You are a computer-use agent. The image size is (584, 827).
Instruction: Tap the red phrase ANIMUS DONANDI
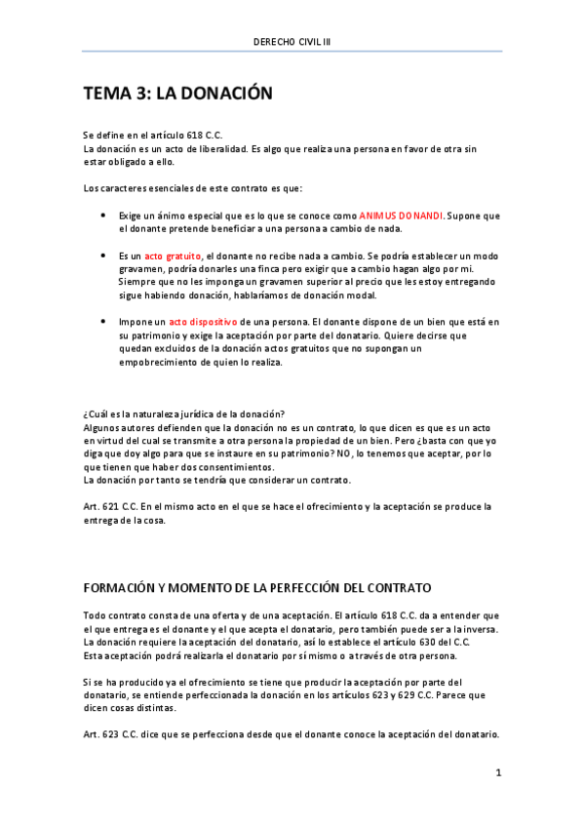pyautogui.click(x=401, y=215)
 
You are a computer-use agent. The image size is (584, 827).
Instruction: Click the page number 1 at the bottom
pyautogui.click(x=498, y=773)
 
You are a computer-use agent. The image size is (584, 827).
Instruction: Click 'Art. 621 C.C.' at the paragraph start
pyautogui.click(x=110, y=506)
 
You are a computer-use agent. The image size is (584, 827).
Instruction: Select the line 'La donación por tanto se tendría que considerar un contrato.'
pyautogui.click(x=217, y=480)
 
